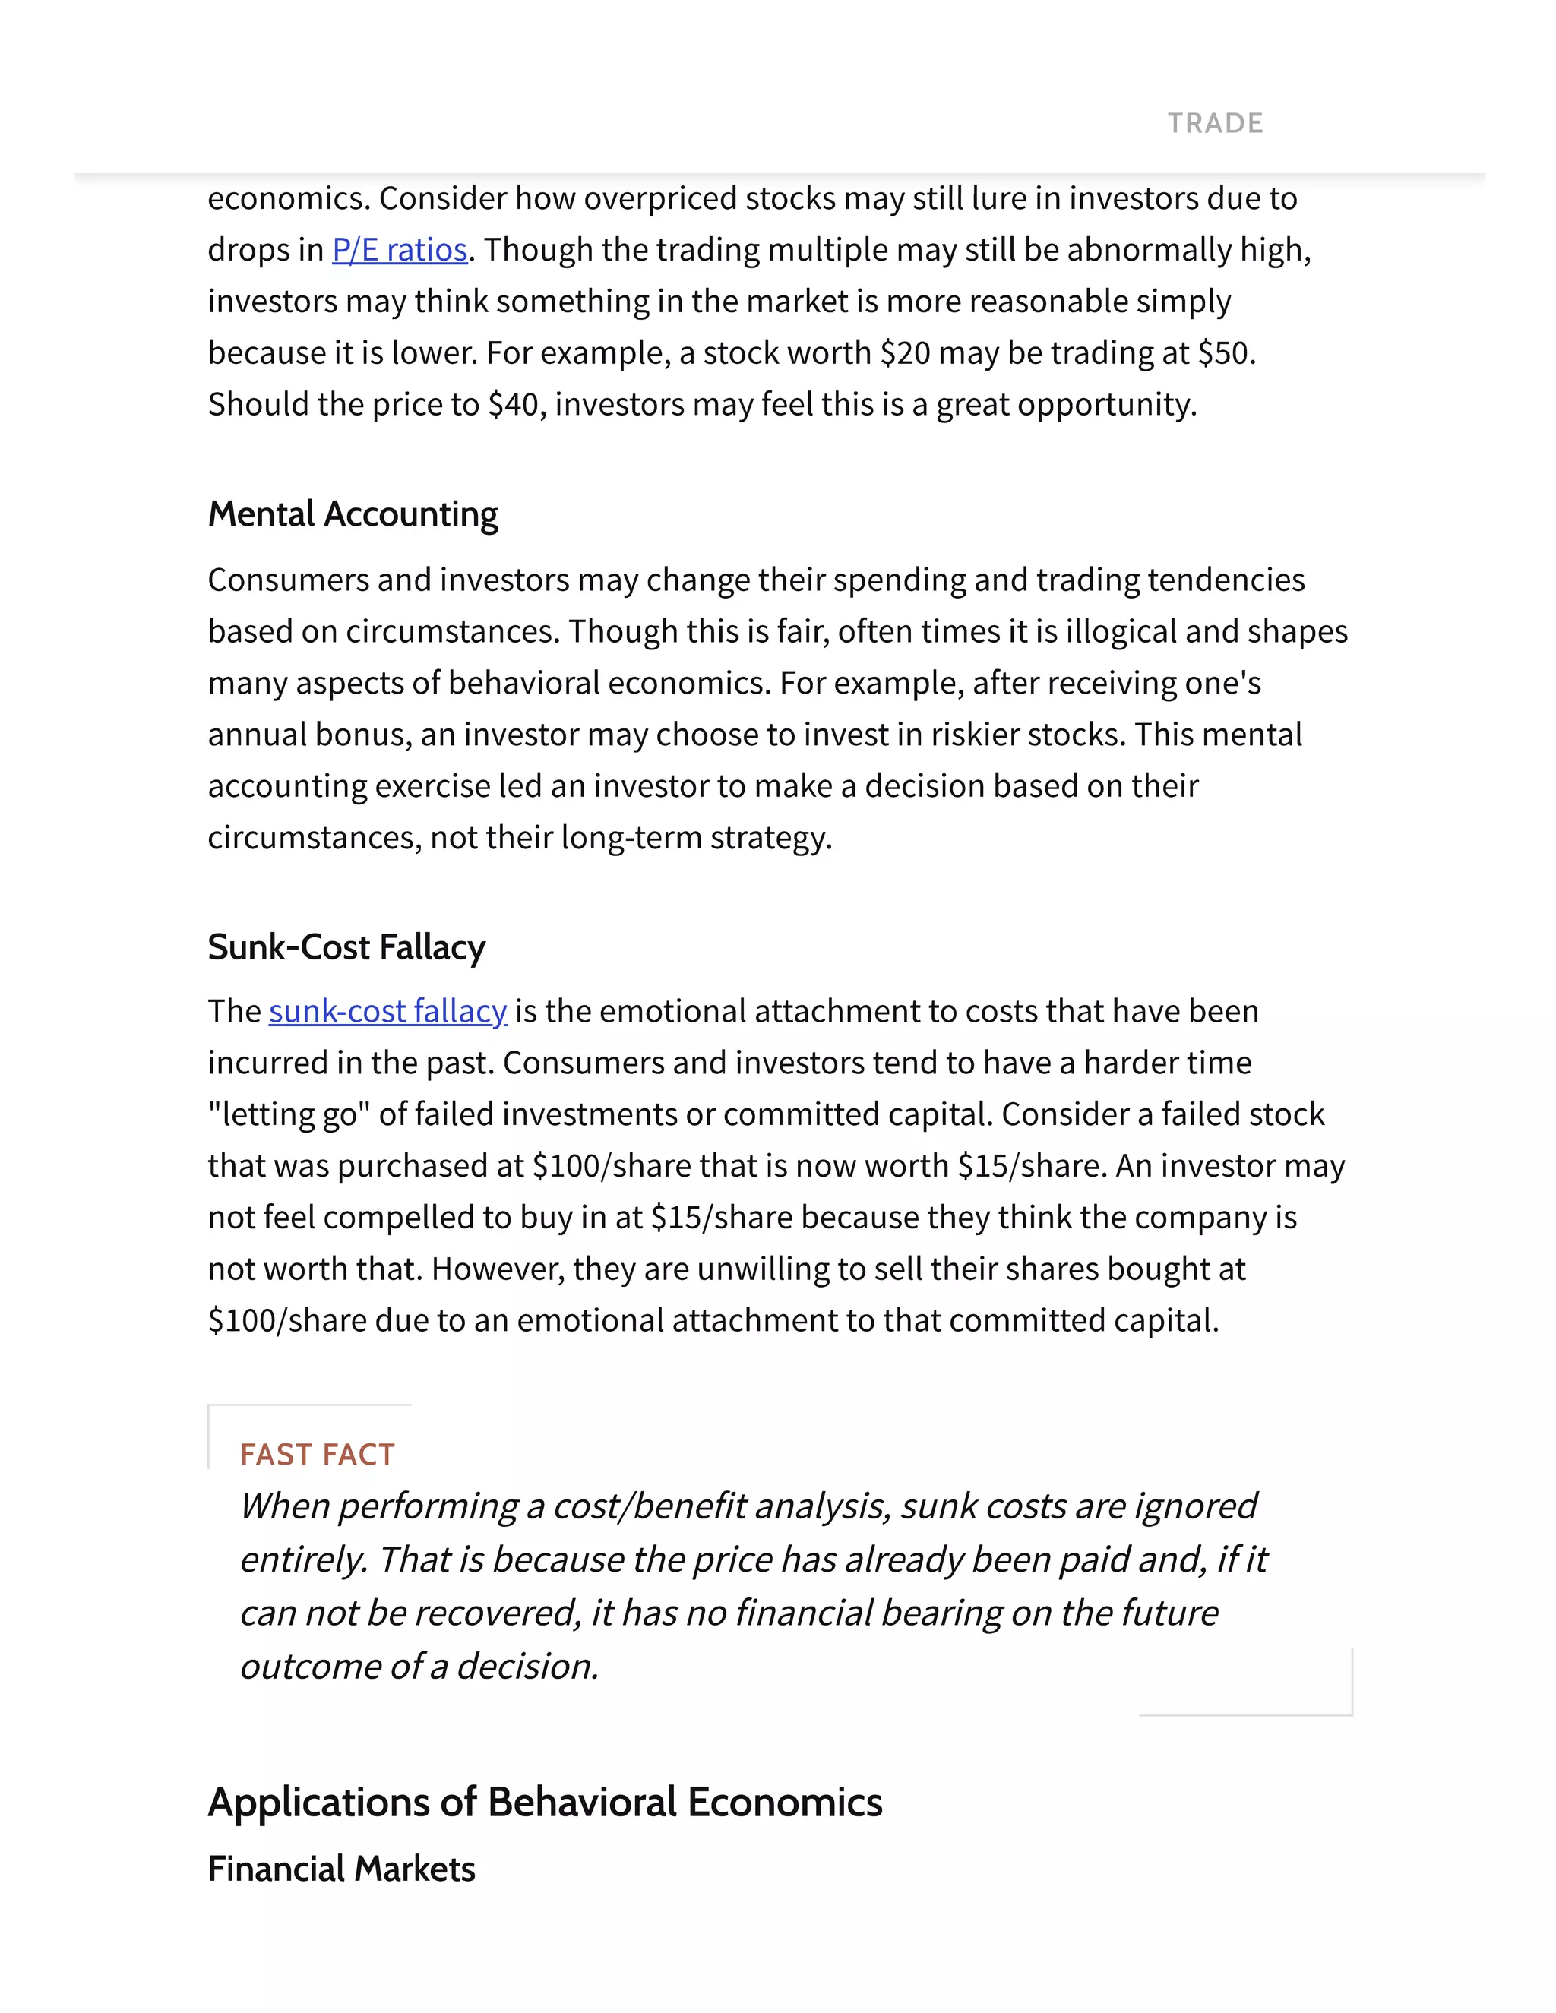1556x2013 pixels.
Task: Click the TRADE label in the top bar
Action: tap(1215, 124)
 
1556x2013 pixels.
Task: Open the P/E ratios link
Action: tap(400, 250)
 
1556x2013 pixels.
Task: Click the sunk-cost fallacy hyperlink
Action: tap(387, 1011)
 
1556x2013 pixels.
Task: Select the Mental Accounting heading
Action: tap(353, 514)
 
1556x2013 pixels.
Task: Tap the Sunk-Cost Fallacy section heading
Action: tap(346, 947)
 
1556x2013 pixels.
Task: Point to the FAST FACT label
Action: tap(317, 1455)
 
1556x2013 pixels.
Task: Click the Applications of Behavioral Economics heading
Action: tap(545, 1803)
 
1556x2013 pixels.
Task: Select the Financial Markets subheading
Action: tap(341, 1869)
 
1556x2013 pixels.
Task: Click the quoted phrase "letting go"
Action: tap(289, 1114)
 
